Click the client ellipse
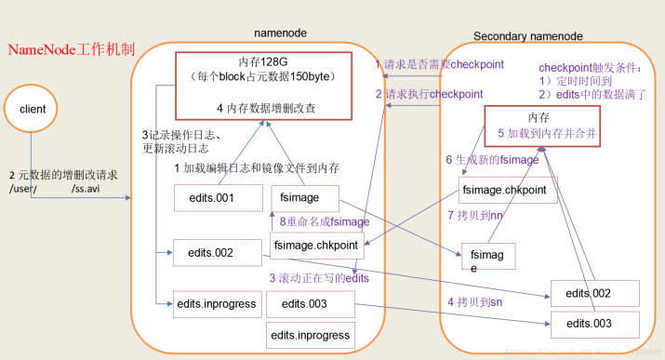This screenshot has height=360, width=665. point(33,110)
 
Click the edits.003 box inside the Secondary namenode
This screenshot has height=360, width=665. point(593,323)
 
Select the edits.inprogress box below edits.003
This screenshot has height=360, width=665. point(310,335)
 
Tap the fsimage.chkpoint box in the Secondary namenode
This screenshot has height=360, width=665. point(510,191)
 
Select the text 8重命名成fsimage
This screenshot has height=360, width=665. point(325,221)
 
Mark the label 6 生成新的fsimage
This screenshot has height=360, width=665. point(494,159)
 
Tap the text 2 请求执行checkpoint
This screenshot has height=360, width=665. point(429,94)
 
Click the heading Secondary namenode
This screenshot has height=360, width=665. point(527,35)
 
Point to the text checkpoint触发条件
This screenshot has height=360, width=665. point(591,68)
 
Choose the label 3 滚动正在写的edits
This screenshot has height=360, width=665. point(319,277)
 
